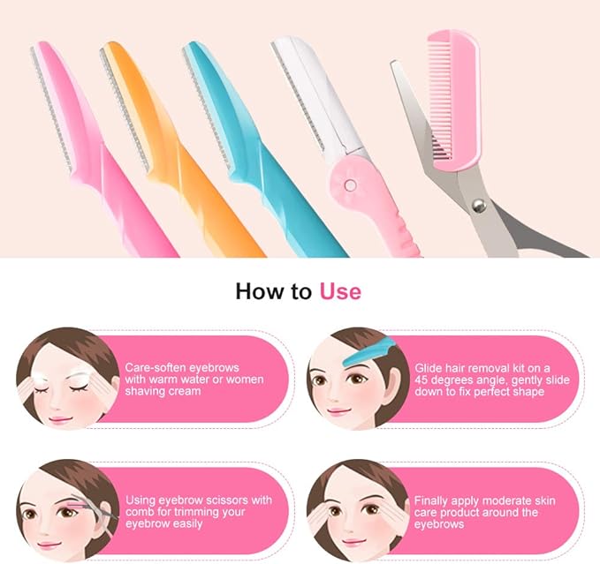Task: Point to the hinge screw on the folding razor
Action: click(x=350, y=185)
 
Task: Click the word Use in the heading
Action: click(x=339, y=290)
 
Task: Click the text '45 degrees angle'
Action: click(x=459, y=379)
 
